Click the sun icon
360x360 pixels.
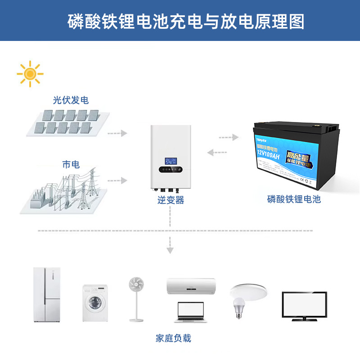point(30,73)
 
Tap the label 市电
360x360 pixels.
point(71,165)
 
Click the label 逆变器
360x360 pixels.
point(171,200)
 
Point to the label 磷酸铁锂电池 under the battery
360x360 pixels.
point(294,199)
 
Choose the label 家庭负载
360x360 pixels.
point(173,338)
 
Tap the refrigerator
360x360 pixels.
point(47,295)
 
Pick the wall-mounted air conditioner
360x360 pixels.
point(191,286)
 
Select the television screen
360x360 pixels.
point(304,304)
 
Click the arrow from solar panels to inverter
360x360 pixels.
point(118,133)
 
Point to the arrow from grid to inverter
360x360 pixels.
point(118,180)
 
